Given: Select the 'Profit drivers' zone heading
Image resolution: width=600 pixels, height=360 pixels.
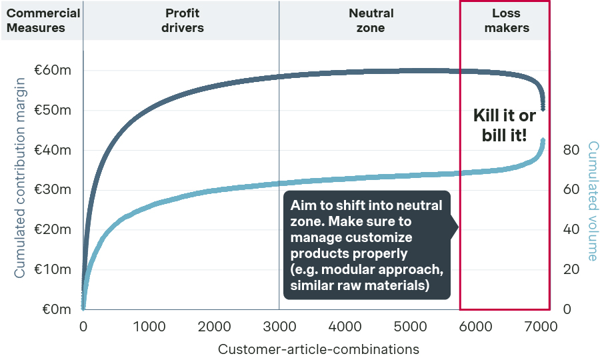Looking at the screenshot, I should coord(182,20).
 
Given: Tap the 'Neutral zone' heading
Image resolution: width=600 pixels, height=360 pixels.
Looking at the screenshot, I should coord(371,20).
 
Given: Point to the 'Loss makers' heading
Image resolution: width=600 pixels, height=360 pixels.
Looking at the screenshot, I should coord(506,20).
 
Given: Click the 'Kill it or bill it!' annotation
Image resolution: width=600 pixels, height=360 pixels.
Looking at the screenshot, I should coord(504,125).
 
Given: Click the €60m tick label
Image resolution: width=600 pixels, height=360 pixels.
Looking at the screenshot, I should coord(53,71).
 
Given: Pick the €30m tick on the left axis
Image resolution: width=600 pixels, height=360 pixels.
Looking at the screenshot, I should coord(53,190).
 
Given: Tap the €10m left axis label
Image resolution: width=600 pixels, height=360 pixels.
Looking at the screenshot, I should coord(53,269).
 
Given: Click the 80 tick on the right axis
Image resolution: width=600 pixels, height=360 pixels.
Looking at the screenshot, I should coord(571,150).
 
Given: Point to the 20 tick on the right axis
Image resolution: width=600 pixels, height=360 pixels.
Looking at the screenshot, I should coord(571,269).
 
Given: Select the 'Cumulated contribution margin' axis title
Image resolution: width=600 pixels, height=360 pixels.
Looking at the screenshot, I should coord(20,177).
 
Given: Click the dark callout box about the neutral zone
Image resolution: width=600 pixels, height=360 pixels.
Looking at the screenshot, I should coord(367,245).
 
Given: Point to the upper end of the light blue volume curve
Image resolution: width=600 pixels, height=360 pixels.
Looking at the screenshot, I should coord(543,141).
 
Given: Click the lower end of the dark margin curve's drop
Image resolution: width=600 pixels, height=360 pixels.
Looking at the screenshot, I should coord(543,109).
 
